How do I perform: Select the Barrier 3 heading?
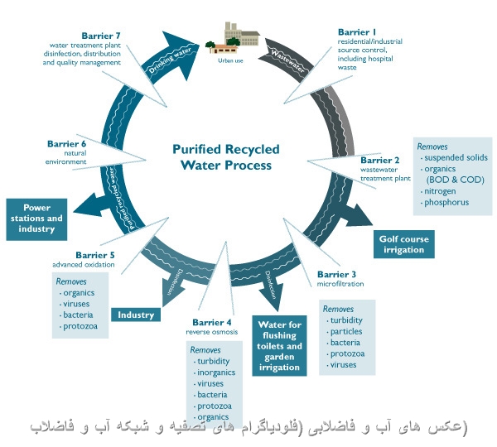336,274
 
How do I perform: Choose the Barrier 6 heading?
68,144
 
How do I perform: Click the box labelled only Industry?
136,315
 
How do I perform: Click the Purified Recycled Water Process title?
226,157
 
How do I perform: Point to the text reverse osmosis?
212,332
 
